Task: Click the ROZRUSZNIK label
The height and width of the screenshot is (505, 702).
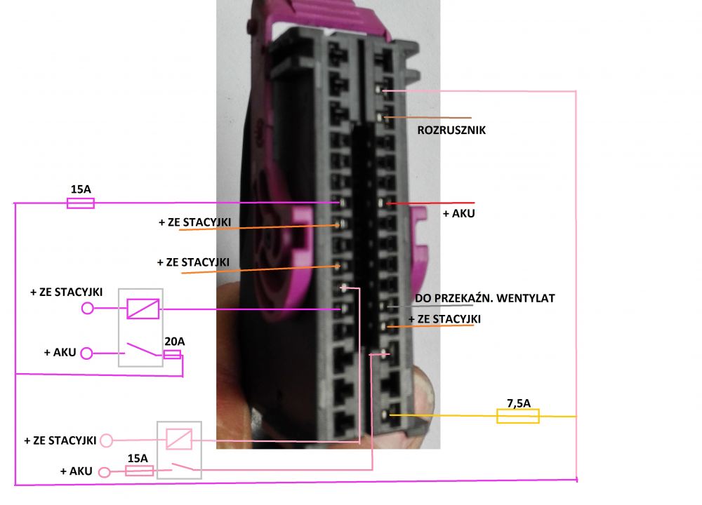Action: (451, 130)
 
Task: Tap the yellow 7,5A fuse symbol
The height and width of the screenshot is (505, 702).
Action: (517, 416)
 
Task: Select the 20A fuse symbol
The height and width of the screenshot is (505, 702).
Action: (173, 355)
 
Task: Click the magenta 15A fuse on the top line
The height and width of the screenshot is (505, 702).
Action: (81, 203)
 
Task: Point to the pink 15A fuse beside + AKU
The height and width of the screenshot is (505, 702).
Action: (139, 471)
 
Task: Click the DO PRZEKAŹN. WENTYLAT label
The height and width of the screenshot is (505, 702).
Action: (485, 298)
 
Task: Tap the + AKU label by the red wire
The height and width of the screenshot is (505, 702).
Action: (458, 213)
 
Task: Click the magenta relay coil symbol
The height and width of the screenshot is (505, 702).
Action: (143, 309)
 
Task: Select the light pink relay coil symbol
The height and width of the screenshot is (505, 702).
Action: (179, 439)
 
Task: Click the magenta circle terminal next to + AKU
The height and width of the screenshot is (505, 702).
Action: (86, 353)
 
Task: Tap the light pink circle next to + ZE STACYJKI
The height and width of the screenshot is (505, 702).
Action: (106, 440)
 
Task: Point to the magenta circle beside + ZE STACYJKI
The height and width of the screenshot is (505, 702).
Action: (87, 308)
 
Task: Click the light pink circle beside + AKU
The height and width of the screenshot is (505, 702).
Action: (104, 472)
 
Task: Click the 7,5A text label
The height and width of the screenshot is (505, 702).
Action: (519, 403)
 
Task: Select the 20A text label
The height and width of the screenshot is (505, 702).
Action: (174, 342)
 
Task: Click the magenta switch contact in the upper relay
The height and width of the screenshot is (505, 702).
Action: (143, 349)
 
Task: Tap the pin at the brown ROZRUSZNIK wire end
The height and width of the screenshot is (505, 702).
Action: (380, 118)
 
